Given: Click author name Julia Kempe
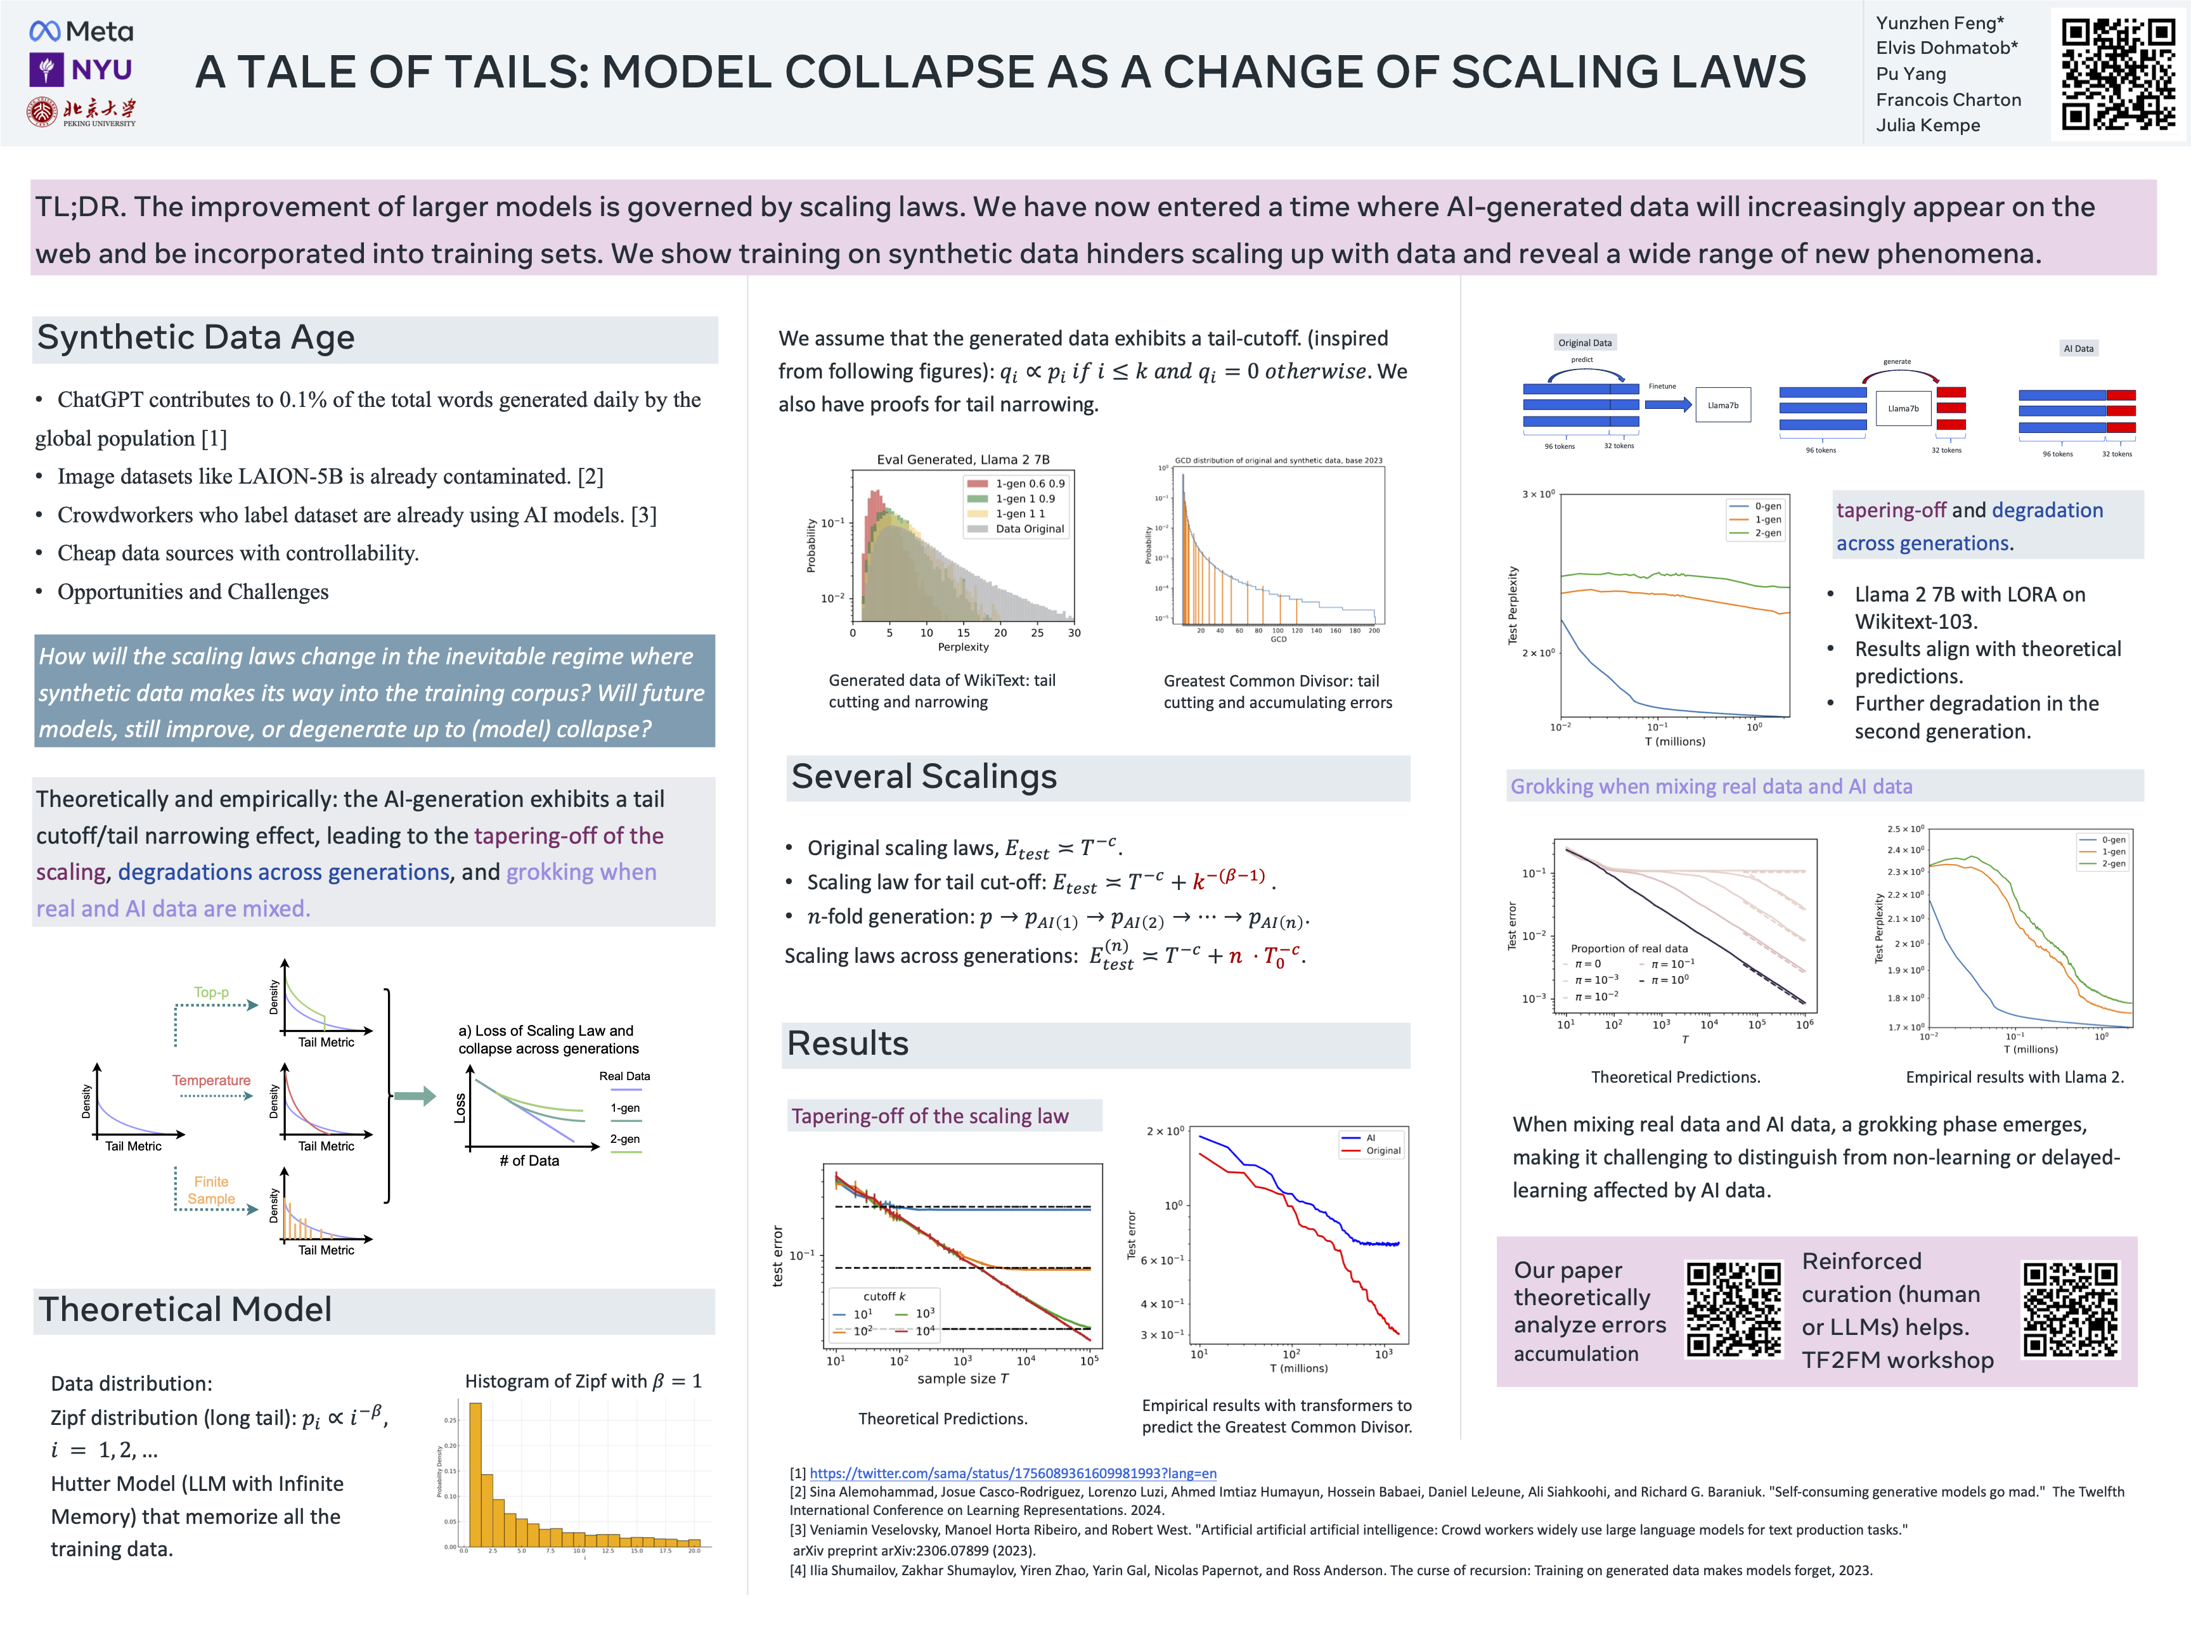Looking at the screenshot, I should coord(1927,125).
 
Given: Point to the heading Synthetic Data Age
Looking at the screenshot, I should coord(195,338).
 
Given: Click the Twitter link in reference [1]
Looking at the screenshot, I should coord(1012,1474).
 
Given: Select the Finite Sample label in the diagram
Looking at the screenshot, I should coord(211,1189).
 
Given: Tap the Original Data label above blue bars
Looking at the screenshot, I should coord(1585,343).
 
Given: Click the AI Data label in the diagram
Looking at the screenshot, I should coord(2078,349).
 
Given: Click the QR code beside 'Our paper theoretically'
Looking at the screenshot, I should coord(1733,1309).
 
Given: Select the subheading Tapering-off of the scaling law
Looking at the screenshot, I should coord(929,1116).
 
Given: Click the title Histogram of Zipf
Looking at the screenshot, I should coord(583,1381).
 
